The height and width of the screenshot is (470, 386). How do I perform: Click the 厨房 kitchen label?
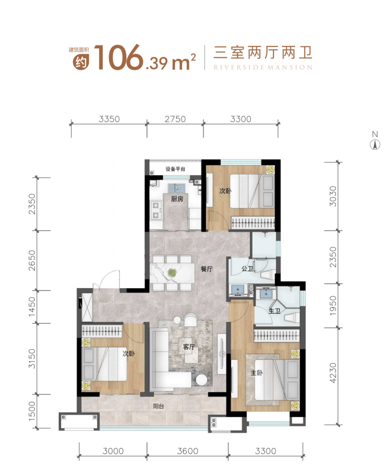point(177,199)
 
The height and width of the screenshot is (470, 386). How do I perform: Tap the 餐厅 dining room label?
point(207,269)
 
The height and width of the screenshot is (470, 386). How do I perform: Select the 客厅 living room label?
point(189,347)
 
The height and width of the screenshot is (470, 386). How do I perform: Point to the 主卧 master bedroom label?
point(257,373)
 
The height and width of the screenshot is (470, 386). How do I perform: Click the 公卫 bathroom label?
point(248,268)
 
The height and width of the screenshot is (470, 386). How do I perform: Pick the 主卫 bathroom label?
point(274,311)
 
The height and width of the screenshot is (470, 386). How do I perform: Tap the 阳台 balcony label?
point(159,406)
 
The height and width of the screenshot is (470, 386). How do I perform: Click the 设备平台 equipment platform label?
point(176,169)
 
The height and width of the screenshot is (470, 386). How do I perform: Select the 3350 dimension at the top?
point(109,119)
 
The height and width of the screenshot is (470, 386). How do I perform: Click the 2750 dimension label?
point(175,119)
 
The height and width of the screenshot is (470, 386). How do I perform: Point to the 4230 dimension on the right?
point(333,373)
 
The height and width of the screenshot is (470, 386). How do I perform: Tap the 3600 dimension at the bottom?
point(188,451)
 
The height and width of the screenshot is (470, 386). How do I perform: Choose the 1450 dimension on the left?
point(32,306)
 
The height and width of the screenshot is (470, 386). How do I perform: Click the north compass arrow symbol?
point(375,145)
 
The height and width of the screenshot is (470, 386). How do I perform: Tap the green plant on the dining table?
point(172,273)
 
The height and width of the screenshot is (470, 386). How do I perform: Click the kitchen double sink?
point(176,188)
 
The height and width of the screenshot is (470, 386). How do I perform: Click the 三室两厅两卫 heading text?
point(263,53)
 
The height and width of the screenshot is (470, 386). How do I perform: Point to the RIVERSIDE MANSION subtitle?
point(263,67)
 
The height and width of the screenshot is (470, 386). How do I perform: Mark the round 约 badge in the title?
point(81,63)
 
